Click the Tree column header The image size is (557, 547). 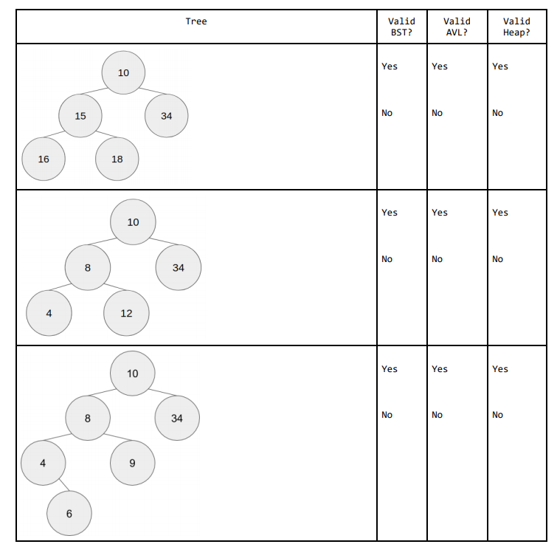click(196, 21)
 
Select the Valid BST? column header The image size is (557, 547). click(401, 27)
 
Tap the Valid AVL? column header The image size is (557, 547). click(457, 27)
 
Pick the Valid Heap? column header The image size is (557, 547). click(516, 27)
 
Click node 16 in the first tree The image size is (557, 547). click(44, 159)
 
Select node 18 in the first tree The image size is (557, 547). click(117, 159)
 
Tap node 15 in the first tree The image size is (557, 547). click(80, 116)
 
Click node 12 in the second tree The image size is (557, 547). click(126, 313)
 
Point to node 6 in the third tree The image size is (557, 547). click(69, 514)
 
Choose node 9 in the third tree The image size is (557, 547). click(132, 464)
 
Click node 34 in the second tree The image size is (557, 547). click(178, 268)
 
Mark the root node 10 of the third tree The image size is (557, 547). click(133, 374)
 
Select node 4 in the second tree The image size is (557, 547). click(49, 313)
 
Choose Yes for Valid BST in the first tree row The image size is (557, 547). click(390, 66)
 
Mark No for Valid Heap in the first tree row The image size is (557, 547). click(498, 113)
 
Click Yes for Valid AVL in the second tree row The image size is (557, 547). click(440, 213)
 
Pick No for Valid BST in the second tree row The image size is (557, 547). click(387, 259)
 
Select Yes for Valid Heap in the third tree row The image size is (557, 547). click(500, 369)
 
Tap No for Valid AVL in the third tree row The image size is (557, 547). click(437, 415)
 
